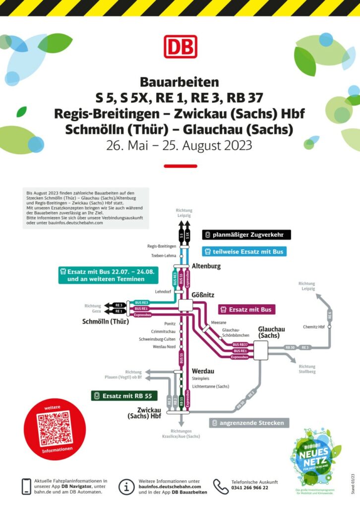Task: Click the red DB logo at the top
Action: click(x=180, y=47)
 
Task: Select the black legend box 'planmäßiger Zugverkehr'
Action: click(x=246, y=235)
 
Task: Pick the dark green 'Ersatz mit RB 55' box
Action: click(x=124, y=396)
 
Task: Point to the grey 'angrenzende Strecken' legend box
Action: click(x=248, y=423)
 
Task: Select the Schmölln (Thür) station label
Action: click(x=106, y=321)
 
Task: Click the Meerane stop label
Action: click(x=219, y=322)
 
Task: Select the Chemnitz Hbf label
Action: click(x=314, y=326)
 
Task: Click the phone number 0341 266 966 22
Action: click(x=250, y=488)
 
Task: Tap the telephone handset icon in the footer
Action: click(x=221, y=486)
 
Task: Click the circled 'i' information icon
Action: click(x=126, y=486)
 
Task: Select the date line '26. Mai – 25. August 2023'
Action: click(x=180, y=145)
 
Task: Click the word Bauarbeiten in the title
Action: click(x=180, y=81)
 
